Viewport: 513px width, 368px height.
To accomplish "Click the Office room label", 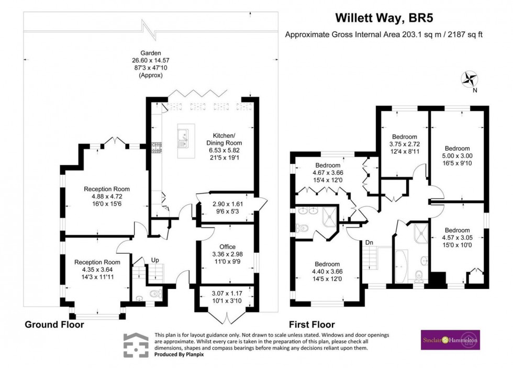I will point(227,247).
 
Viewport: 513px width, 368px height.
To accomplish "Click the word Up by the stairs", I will point(155,260).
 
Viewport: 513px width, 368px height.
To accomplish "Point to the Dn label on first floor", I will point(370,242).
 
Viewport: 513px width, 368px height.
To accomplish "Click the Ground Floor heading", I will point(54,325).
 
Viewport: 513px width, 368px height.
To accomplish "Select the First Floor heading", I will point(312,325).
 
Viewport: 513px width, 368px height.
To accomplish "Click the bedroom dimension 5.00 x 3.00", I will point(458,155).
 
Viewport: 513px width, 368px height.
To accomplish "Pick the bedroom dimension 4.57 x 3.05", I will point(457,237).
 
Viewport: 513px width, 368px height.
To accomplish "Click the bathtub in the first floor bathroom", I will point(400,266).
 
